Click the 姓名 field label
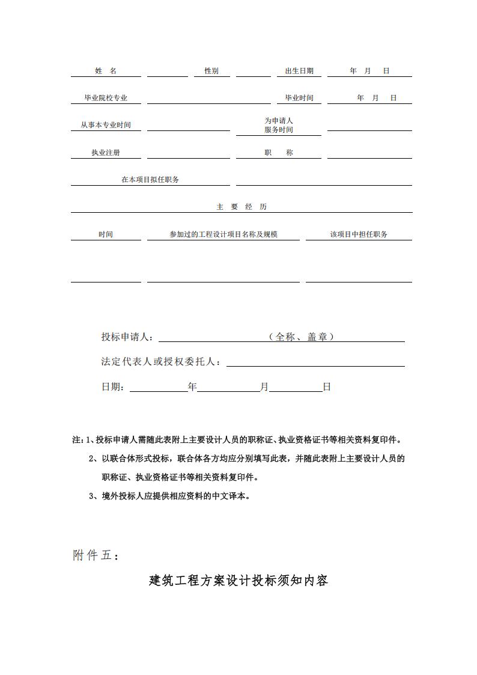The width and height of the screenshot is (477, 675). (x=106, y=71)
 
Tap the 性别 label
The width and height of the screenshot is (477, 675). (x=211, y=71)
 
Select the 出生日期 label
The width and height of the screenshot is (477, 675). (x=299, y=71)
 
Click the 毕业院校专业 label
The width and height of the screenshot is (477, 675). (x=106, y=98)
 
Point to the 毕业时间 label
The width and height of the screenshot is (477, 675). (x=299, y=98)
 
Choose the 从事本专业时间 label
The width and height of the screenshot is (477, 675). (x=106, y=125)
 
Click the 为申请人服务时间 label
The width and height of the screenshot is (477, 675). (x=279, y=125)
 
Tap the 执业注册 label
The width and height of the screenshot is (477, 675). (x=106, y=153)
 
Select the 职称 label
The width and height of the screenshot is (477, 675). (x=279, y=153)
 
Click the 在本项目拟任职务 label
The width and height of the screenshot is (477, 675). (x=150, y=180)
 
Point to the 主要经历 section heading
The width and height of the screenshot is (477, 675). (x=242, y=207)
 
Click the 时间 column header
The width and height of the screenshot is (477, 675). (x=106, y=234)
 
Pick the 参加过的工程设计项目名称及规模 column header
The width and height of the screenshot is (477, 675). (x=223, y=234)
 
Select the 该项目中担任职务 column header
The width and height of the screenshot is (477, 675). (x=359, y=234)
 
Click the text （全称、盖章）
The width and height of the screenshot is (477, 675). (x=301, y=337)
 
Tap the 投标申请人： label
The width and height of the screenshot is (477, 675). (x=127, y=337)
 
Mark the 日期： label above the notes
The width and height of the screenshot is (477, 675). (x=114, y=387)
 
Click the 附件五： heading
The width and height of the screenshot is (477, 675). (x=96, y=556)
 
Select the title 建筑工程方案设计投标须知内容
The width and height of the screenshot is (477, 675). (x=239, y=581)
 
